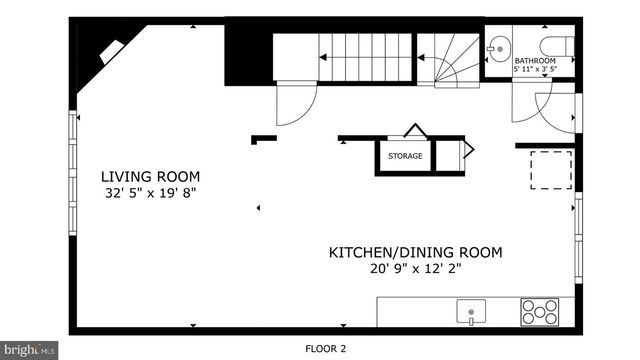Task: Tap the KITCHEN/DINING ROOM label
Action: click(x=415, y=252)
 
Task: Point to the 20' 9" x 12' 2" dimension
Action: click(x=415, y=268)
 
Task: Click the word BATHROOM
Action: click(x=535, y=61)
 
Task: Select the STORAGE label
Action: click(x=405, y=156)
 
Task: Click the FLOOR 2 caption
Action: click(x=327, y=349)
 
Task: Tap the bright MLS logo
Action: click(x=28, y=350)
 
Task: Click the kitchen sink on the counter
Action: click(x=470, y=313)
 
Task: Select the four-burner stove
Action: click(x=539, y=312)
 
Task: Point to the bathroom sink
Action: click(x=498, y=46)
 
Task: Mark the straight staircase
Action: click(x=343, y=58)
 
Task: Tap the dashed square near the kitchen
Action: click(x=550, y=169)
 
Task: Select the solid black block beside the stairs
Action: click(x=247, y=56)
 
